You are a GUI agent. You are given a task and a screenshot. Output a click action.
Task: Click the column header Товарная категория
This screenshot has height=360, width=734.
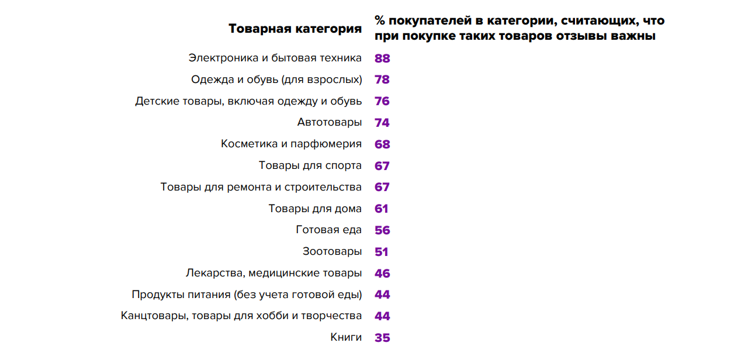pyautogui.click(x=295, y=29)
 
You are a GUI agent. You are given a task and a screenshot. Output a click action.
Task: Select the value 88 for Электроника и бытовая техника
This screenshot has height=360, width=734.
pyautogui.click(x=382, y=58)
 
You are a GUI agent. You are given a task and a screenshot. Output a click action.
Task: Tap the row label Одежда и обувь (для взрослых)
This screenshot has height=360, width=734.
pyautogui.click(x=276, y=79)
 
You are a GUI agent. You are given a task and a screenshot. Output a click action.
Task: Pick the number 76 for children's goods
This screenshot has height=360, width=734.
pyautogui.click(x=382, y=101)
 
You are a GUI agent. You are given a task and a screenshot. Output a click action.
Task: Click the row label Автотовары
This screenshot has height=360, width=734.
pyautogui.click(x=330, y=123)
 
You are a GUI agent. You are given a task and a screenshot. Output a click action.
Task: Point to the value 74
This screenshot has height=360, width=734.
pyautogui.click(x=382, y=123)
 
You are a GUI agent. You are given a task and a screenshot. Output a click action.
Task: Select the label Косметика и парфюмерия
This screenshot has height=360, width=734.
pyautogui.click(x=291, y=144)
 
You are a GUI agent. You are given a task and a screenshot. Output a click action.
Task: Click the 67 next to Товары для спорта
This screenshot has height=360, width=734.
pyautogui.click(x=382, y=166)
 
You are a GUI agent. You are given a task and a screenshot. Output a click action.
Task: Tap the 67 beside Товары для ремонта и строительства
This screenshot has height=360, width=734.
pyautogui.click(x=382, y=187)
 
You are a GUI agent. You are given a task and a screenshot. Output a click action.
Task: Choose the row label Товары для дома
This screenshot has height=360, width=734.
pyautogui.click(x=315, y=209)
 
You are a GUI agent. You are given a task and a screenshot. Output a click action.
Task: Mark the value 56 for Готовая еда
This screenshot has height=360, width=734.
pyautogui.click(x=382, y=230)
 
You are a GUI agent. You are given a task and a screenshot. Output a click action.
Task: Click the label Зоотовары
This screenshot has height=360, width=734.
pyautogui.click(x=332, y=252)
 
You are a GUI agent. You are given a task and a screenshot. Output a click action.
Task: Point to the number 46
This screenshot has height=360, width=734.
pyautogui.click(x=382, y=274)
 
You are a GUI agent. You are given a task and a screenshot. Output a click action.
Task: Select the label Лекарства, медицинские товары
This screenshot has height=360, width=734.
pyautogui.click(x=273, y=273)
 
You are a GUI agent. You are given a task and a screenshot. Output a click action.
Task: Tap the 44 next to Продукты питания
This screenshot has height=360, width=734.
pyautogui.click(x=382, y=295)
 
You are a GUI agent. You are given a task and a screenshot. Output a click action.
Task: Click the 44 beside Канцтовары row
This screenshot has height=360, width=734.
pyautogui.click(x=382, y=316)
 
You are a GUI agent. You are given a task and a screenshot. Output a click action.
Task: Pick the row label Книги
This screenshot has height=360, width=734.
pyautogui.click(x=346, y=337)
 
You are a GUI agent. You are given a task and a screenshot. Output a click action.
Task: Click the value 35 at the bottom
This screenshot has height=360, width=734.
pyautogui.click(x=382, y=338)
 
